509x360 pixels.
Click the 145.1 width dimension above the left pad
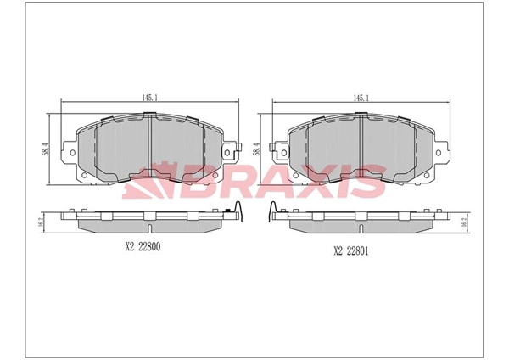[149, 98]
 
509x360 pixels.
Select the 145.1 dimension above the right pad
[361, 98]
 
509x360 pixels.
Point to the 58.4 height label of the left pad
[46, 149]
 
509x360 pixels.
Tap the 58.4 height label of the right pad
[258, 149]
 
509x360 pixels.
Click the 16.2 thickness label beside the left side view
[41, 223]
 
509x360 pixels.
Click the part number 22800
[149, 247]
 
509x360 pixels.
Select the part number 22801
[357, 251]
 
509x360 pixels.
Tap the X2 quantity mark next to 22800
[130, 247]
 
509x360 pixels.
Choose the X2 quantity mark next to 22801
[338, 251]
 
